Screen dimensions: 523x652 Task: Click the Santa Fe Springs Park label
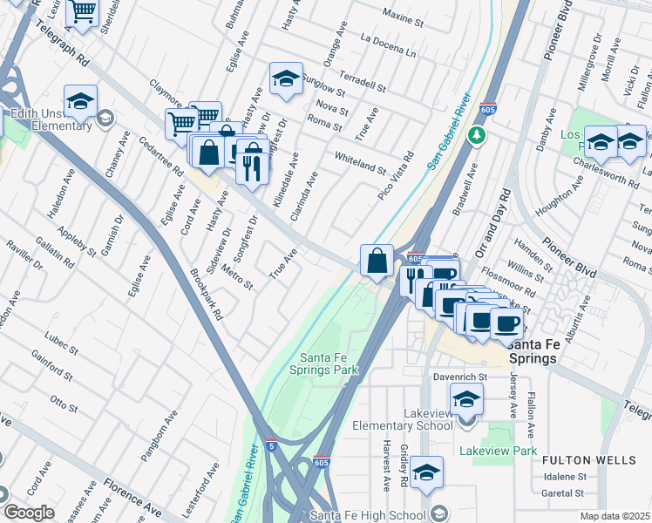click(x=329, y=363)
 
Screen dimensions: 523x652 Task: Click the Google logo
click(x=29, y=513)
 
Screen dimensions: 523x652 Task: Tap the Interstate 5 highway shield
click(x=271, y=445)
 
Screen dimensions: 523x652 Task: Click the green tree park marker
click(x=476, y=136)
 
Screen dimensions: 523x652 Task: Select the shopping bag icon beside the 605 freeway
click(x=377, y=260)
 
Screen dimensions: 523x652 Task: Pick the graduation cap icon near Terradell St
click(x=285, y=79)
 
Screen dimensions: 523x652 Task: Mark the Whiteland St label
click(x=360, y=160)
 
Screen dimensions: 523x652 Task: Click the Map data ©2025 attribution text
click(x=615, y=516)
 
